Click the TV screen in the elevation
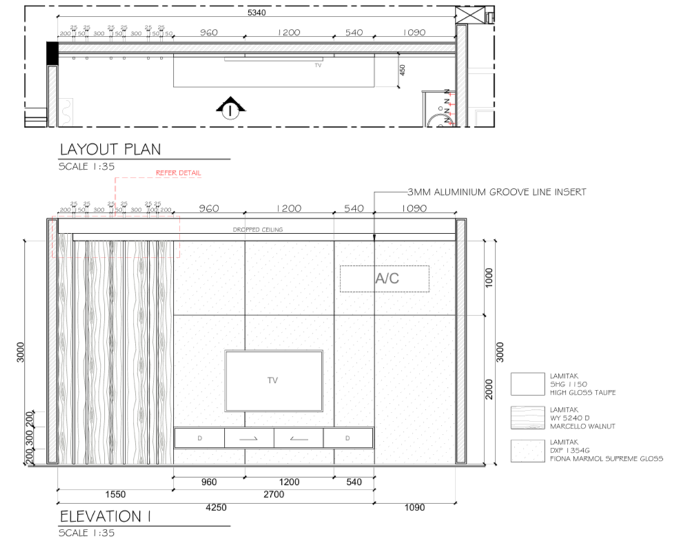pos(274,380)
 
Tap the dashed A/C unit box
pos(384,278)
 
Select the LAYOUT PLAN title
pos(110,149)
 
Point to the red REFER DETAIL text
pos(178,173)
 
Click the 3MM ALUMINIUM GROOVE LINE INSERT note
pos(496,191)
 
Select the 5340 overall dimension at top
pos(256,12)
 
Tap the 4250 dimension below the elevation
pos(216,508)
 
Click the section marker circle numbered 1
pos(229,110)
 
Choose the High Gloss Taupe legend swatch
pos(528,384)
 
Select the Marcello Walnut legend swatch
pos(528,417)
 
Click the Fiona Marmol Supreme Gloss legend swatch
pos(528,450)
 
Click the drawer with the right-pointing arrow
pos(249,437)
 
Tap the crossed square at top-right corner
pos(474,14)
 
